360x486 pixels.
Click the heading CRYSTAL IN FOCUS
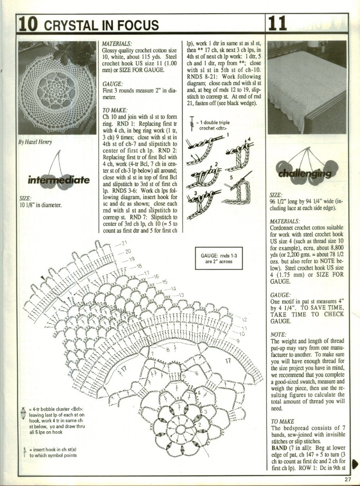(x=101, y=25)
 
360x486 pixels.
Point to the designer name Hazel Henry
(x=35, y=141)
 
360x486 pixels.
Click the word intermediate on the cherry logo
(x=58, y=180)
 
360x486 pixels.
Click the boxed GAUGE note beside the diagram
(x=218, y=259)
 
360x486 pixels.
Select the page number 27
(x=348, y=479)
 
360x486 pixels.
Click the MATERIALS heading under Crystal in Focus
(x=117, y=44)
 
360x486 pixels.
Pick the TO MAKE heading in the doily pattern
(x=115, y=110)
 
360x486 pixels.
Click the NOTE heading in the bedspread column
(x=279, y=334)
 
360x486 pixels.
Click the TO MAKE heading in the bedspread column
(x=283, y=421)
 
